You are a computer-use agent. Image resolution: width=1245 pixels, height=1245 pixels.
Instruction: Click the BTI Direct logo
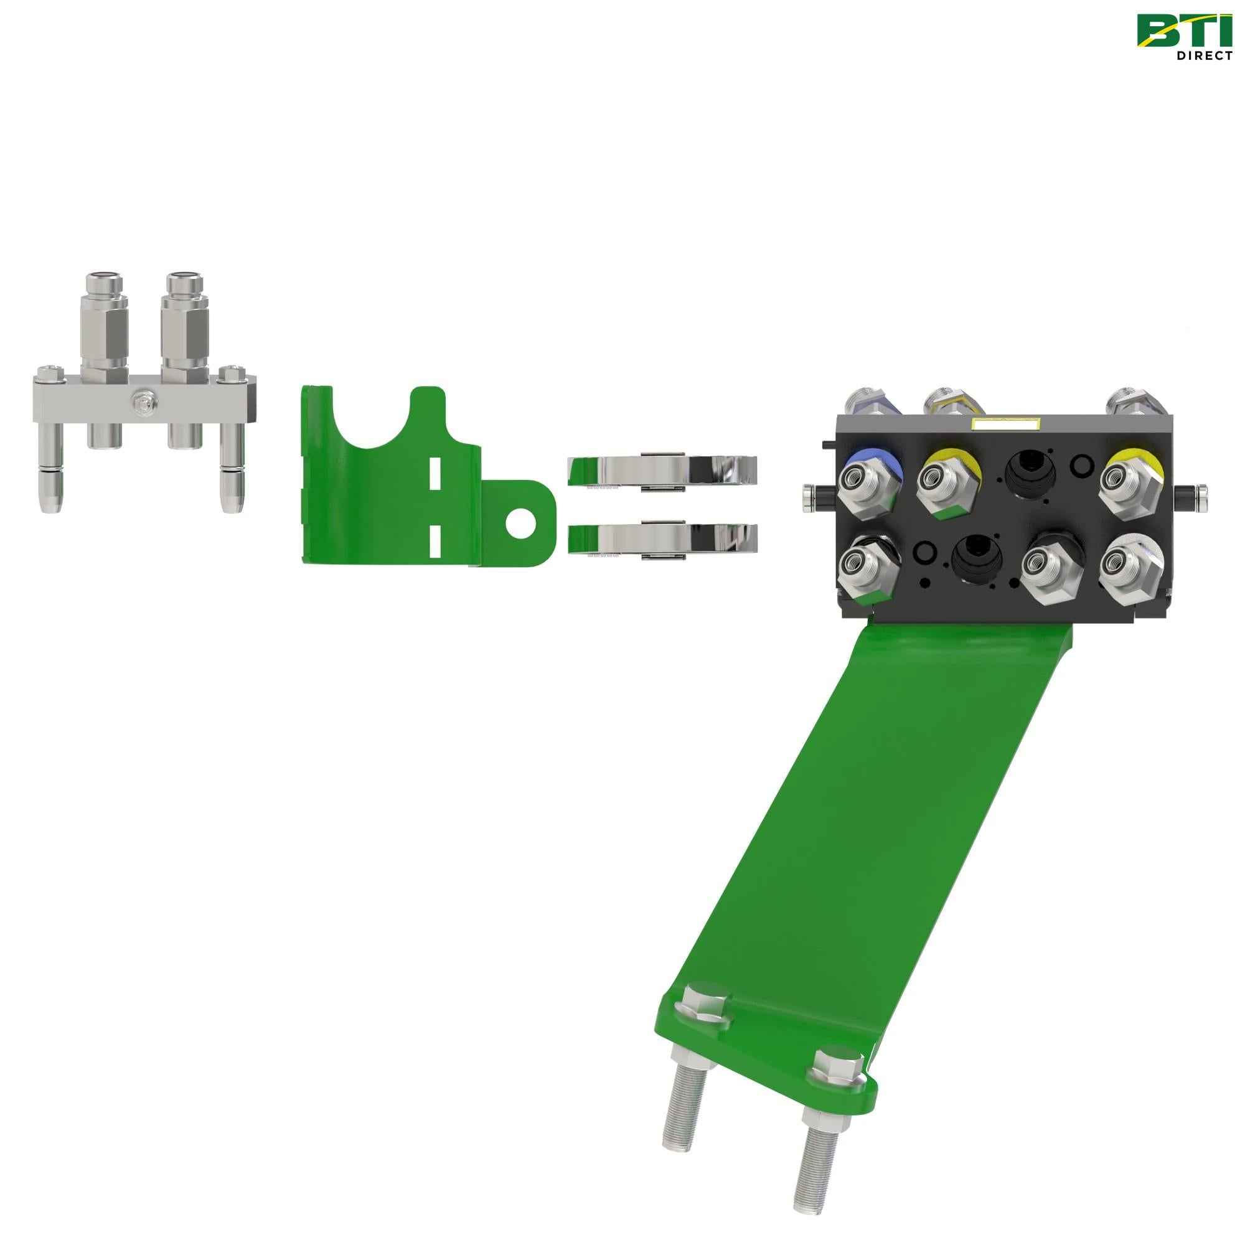click(x=1184, y=37)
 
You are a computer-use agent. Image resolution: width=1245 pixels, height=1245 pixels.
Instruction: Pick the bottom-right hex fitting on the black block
click(x=1130, y=563)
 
